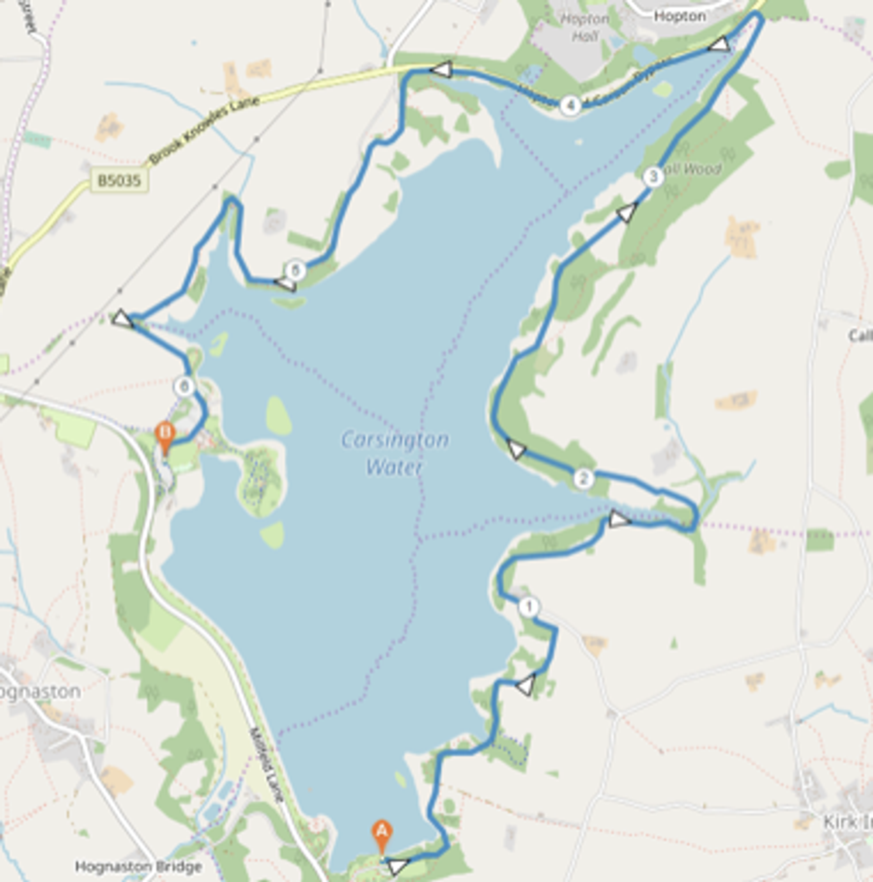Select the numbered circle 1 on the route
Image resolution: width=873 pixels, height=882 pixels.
pyautogui.click(x=529, y=607)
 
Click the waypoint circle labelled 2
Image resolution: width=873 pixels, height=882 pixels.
pyautogui.click(x=583, y=479)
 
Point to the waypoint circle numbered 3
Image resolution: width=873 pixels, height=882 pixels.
pyautogui.click(x=653, y=177)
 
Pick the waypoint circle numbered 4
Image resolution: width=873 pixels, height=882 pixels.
pyautogui.click(x=570, y=106)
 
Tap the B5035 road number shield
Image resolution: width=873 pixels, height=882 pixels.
pyautogui.click(x=119, y=181)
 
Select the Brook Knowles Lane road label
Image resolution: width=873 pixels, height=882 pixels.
pyautogui.click(x=204, y=130)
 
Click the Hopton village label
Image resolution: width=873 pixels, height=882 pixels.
pyautogui.click(x=680, y=17)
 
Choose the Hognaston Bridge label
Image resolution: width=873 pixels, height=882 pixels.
pyautogui.click(x=138, y=866)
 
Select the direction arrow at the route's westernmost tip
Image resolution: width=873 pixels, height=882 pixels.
pyautogui.click(x=122, y=319)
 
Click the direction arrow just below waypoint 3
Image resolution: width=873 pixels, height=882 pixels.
pyautogui.click(x=626, y=213)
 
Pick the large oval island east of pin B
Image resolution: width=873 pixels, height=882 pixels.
pyautogui.click(x=278, y=416)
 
